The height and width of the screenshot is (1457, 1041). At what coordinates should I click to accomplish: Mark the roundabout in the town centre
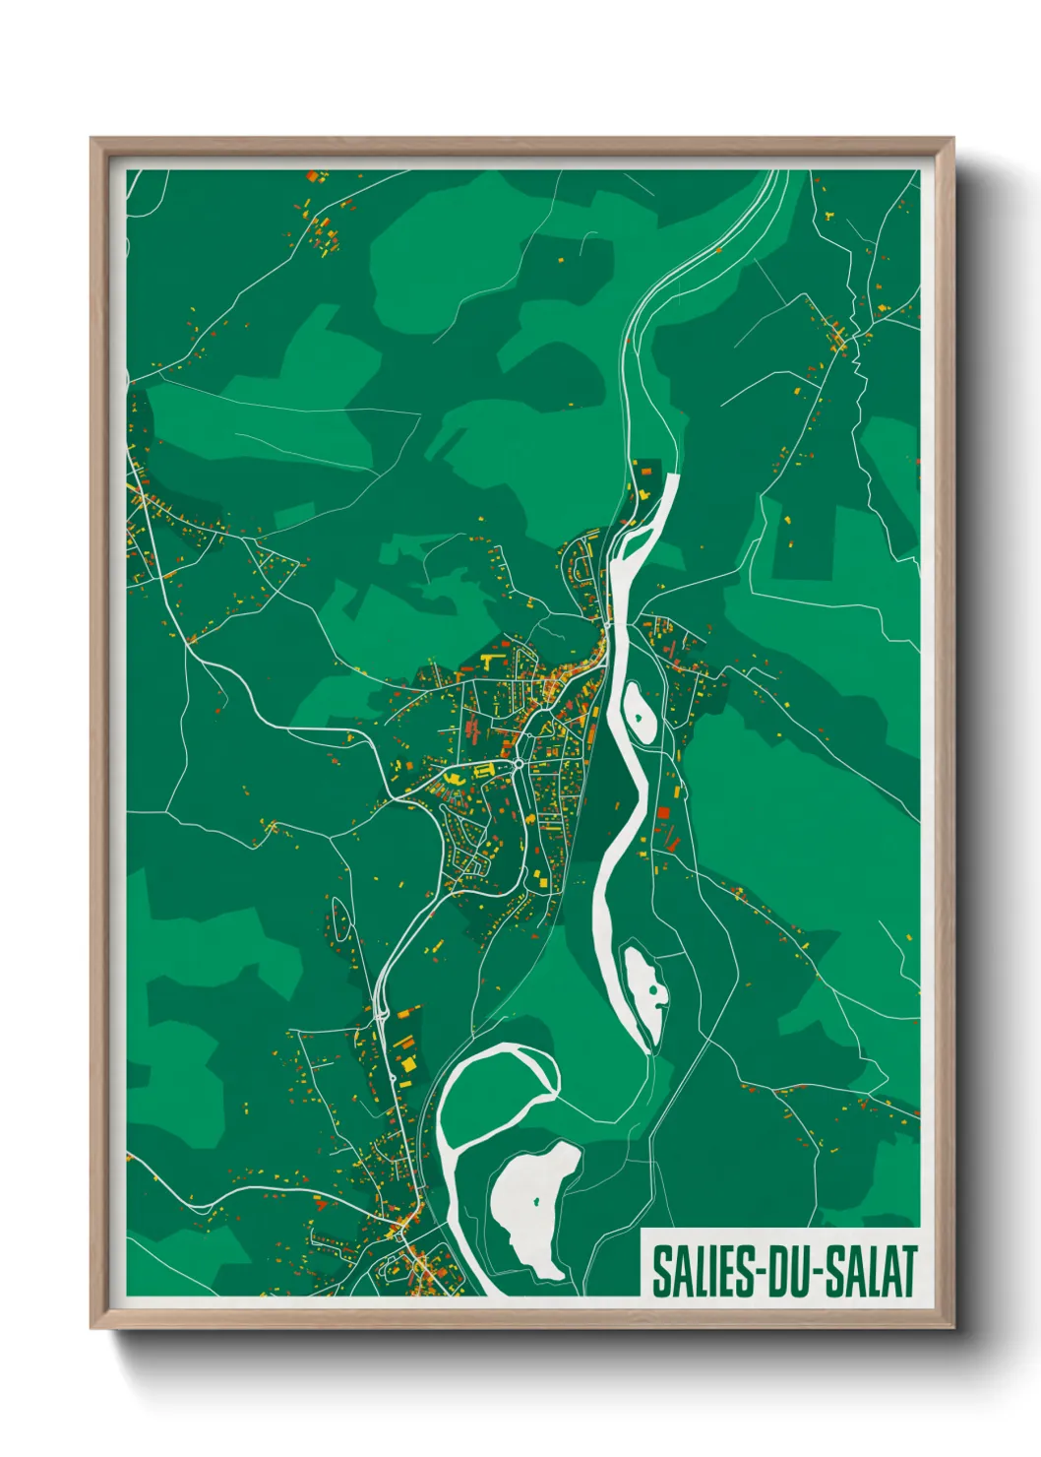pos(519,764)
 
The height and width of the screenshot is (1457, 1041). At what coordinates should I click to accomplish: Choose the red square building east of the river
pos(663,813)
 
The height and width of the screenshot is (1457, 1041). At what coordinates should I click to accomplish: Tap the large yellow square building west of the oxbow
pos(407,1064)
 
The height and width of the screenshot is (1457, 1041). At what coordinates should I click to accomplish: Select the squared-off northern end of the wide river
pos(673,478)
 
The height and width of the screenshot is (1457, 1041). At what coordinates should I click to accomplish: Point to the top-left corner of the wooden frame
pos(92,139)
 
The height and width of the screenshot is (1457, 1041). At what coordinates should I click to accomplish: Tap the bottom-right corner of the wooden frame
pos(953,1328)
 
